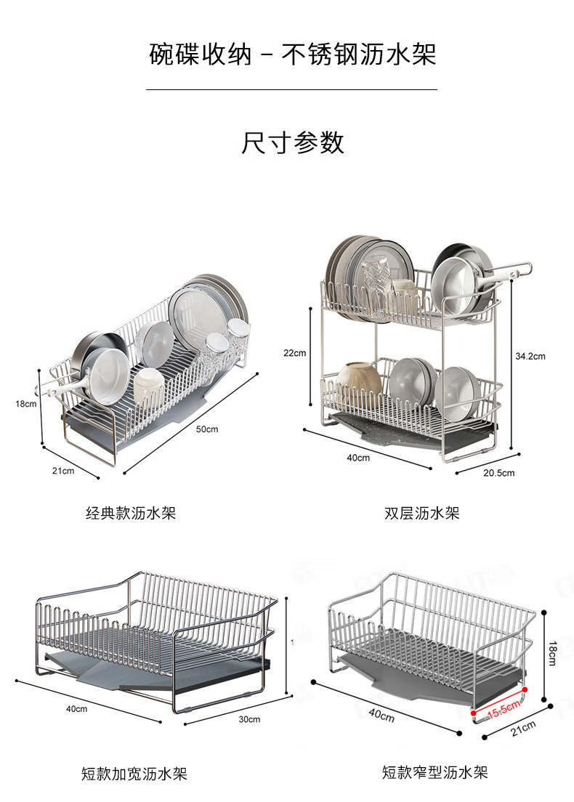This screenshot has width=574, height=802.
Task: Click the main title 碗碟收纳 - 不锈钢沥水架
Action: pyautogui.click(x=292, y=54)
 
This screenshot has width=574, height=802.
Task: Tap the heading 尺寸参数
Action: pyautogui.click(x=292, y=142)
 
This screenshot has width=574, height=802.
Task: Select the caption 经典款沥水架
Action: pyautogui.click(x=131, y=513)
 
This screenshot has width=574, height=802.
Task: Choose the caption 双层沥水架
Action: pyautogui.click(x=421, y=513)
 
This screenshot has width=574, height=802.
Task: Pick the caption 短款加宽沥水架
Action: pyautogui.click(x=134, y=774)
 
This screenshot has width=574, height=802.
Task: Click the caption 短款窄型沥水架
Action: pyautogui.click(x=434, y=771)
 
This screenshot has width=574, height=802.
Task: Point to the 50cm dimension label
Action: pyautogui.click(x=207, y=429)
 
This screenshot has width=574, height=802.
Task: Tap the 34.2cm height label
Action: pyautogui.click(x=530, y=356)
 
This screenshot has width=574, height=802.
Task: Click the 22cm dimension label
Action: pyautogui.click(x=294, y=353)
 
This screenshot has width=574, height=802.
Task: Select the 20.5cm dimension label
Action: pyautogui.click(x=498, y=473)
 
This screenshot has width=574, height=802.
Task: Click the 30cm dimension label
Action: pyautogui.click(x=249, y=718)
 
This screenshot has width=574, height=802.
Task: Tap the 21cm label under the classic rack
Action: pyautogui.click(x=63, y=471)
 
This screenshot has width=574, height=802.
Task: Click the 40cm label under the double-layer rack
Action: pyautogui.click(x=358, y=458)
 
